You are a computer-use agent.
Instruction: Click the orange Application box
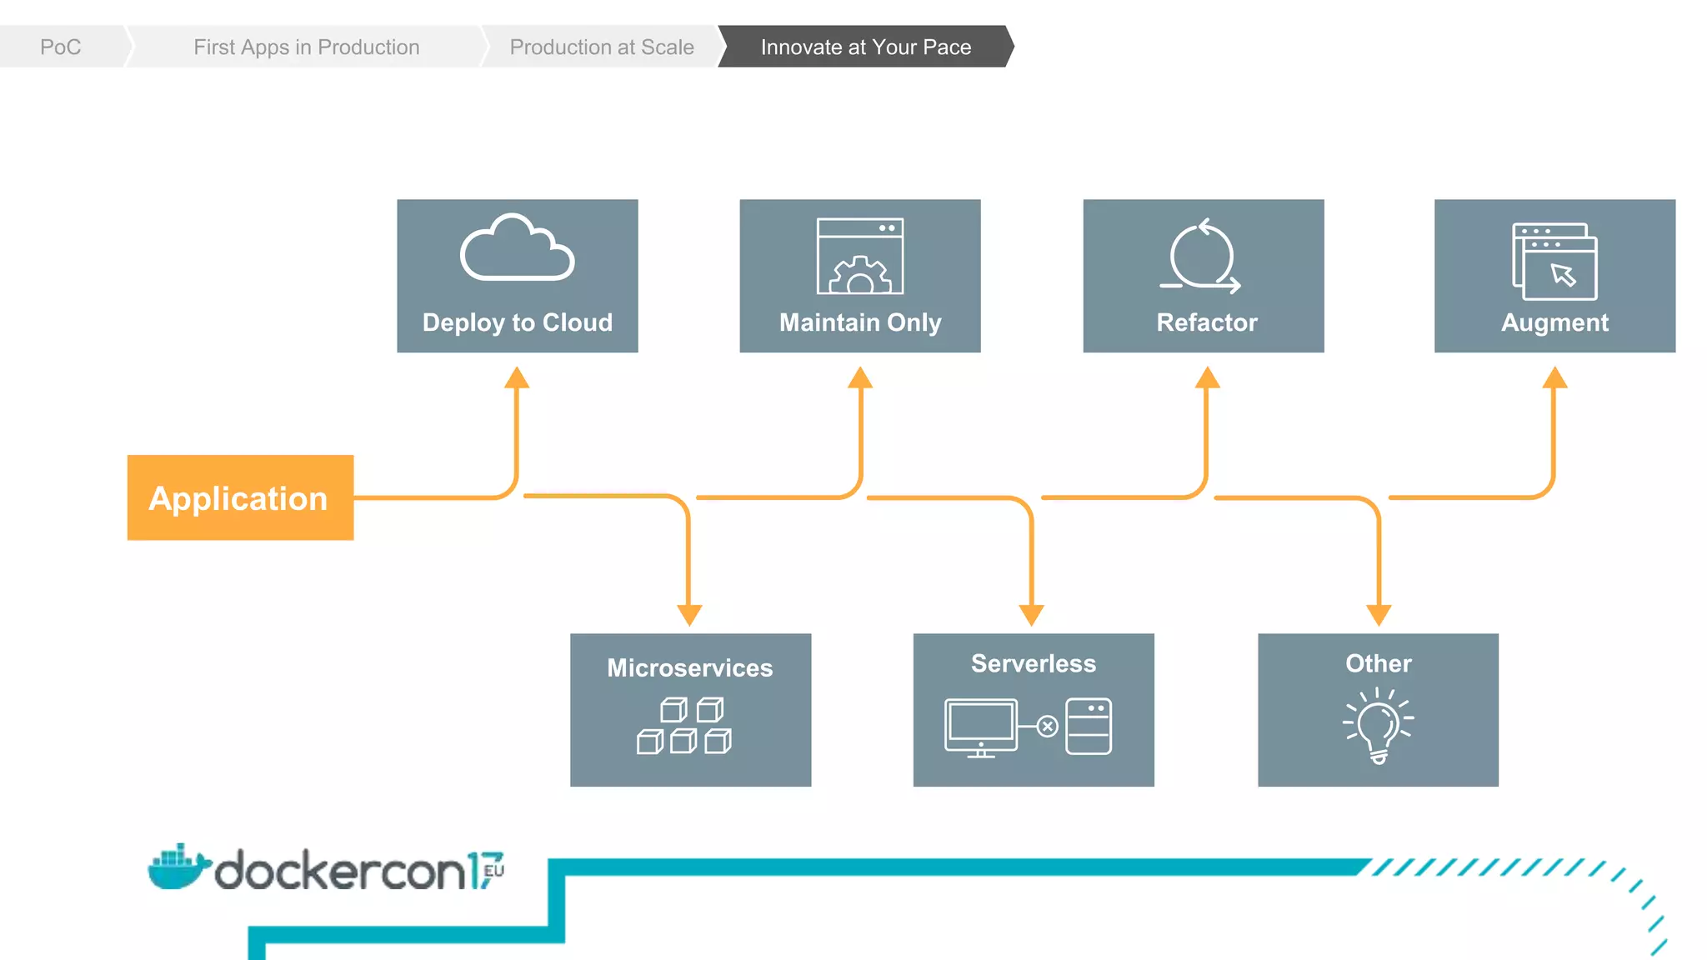(x=240, y=497)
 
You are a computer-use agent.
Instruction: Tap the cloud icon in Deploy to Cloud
(x=517, y=248)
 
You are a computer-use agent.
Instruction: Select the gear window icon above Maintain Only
(x=860, y=256)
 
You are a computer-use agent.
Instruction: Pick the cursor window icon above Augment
(x=1554, y=262)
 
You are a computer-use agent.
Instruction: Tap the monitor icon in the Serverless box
(x=981, y=727)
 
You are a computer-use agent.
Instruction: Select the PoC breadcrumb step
(x=60, y=47)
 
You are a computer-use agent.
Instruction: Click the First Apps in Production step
(x=306, y=47)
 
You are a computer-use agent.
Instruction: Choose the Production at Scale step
(x=601, y=47)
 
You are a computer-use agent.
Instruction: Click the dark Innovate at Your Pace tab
(x=865, y=47)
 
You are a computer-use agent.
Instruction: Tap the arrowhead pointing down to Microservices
(x=689, y=615)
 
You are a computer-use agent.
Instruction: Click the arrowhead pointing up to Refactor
(x=1207, y=377)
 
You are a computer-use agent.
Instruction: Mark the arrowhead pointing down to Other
(x=1379, y=615)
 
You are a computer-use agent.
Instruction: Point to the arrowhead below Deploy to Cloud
(x=517, y=377)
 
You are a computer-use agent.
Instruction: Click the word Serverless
(x=1033, y=663)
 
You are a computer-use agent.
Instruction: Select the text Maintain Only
(x=860, y=322)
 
